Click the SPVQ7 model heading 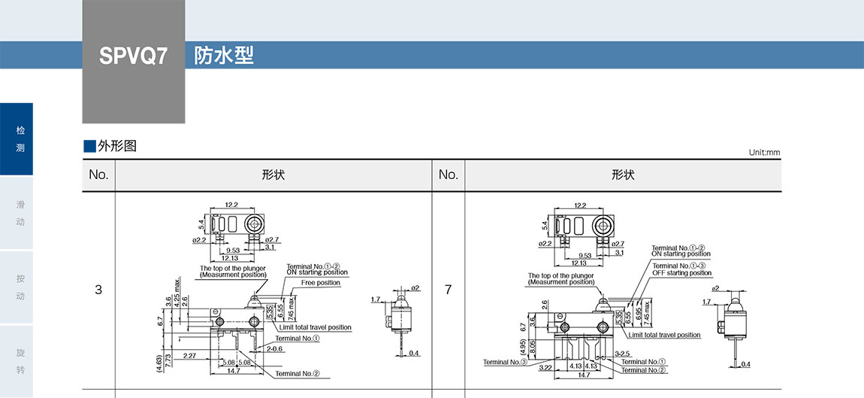(133, 56)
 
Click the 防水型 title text (224, 56)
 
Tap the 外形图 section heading (117, 146)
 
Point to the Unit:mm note (764, 153)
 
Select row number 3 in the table (98, 289)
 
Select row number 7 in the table (449, 289)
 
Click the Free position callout (321, 283)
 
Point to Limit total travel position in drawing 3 (315, 327)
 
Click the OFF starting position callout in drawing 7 (681, 272)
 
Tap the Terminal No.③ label (507, 363)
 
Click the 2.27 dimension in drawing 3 (189, 356)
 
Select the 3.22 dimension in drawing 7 (546, 368)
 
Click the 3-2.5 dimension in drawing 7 (622, 352)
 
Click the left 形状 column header (273, 175)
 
